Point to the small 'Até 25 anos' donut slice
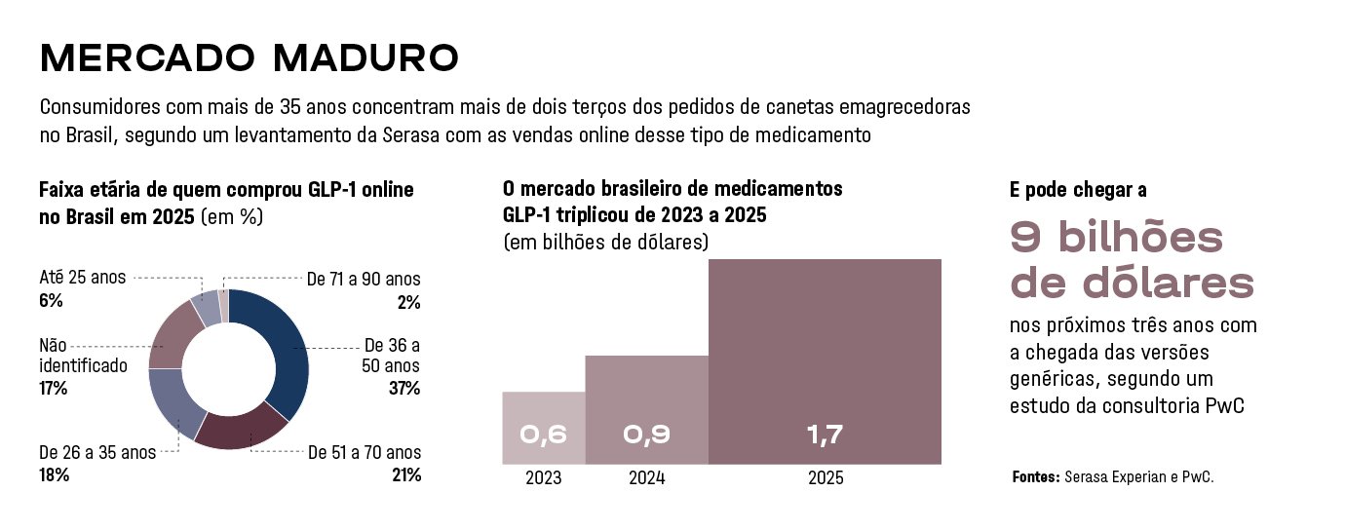click(x=206, y=311)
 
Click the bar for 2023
click(x=544, y=428)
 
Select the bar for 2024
click(x=647, y=410)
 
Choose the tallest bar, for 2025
click(x=825, y=361)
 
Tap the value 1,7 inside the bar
click(x=825, y=435)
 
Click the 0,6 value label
click(x=544, y=435)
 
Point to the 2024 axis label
click(x=647, y=477)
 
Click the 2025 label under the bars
click(x=826, y=477)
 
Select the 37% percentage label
click(x=404, y=389)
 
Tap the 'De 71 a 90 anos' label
click(x=364, y=279)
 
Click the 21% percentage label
click(x=406, y=475)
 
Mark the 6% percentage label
click(x=51, y=300)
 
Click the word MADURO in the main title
click(x=365, y=58)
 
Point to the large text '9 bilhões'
click(x=1116, y=237)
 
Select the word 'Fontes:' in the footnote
click(x=1036, y=477)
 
